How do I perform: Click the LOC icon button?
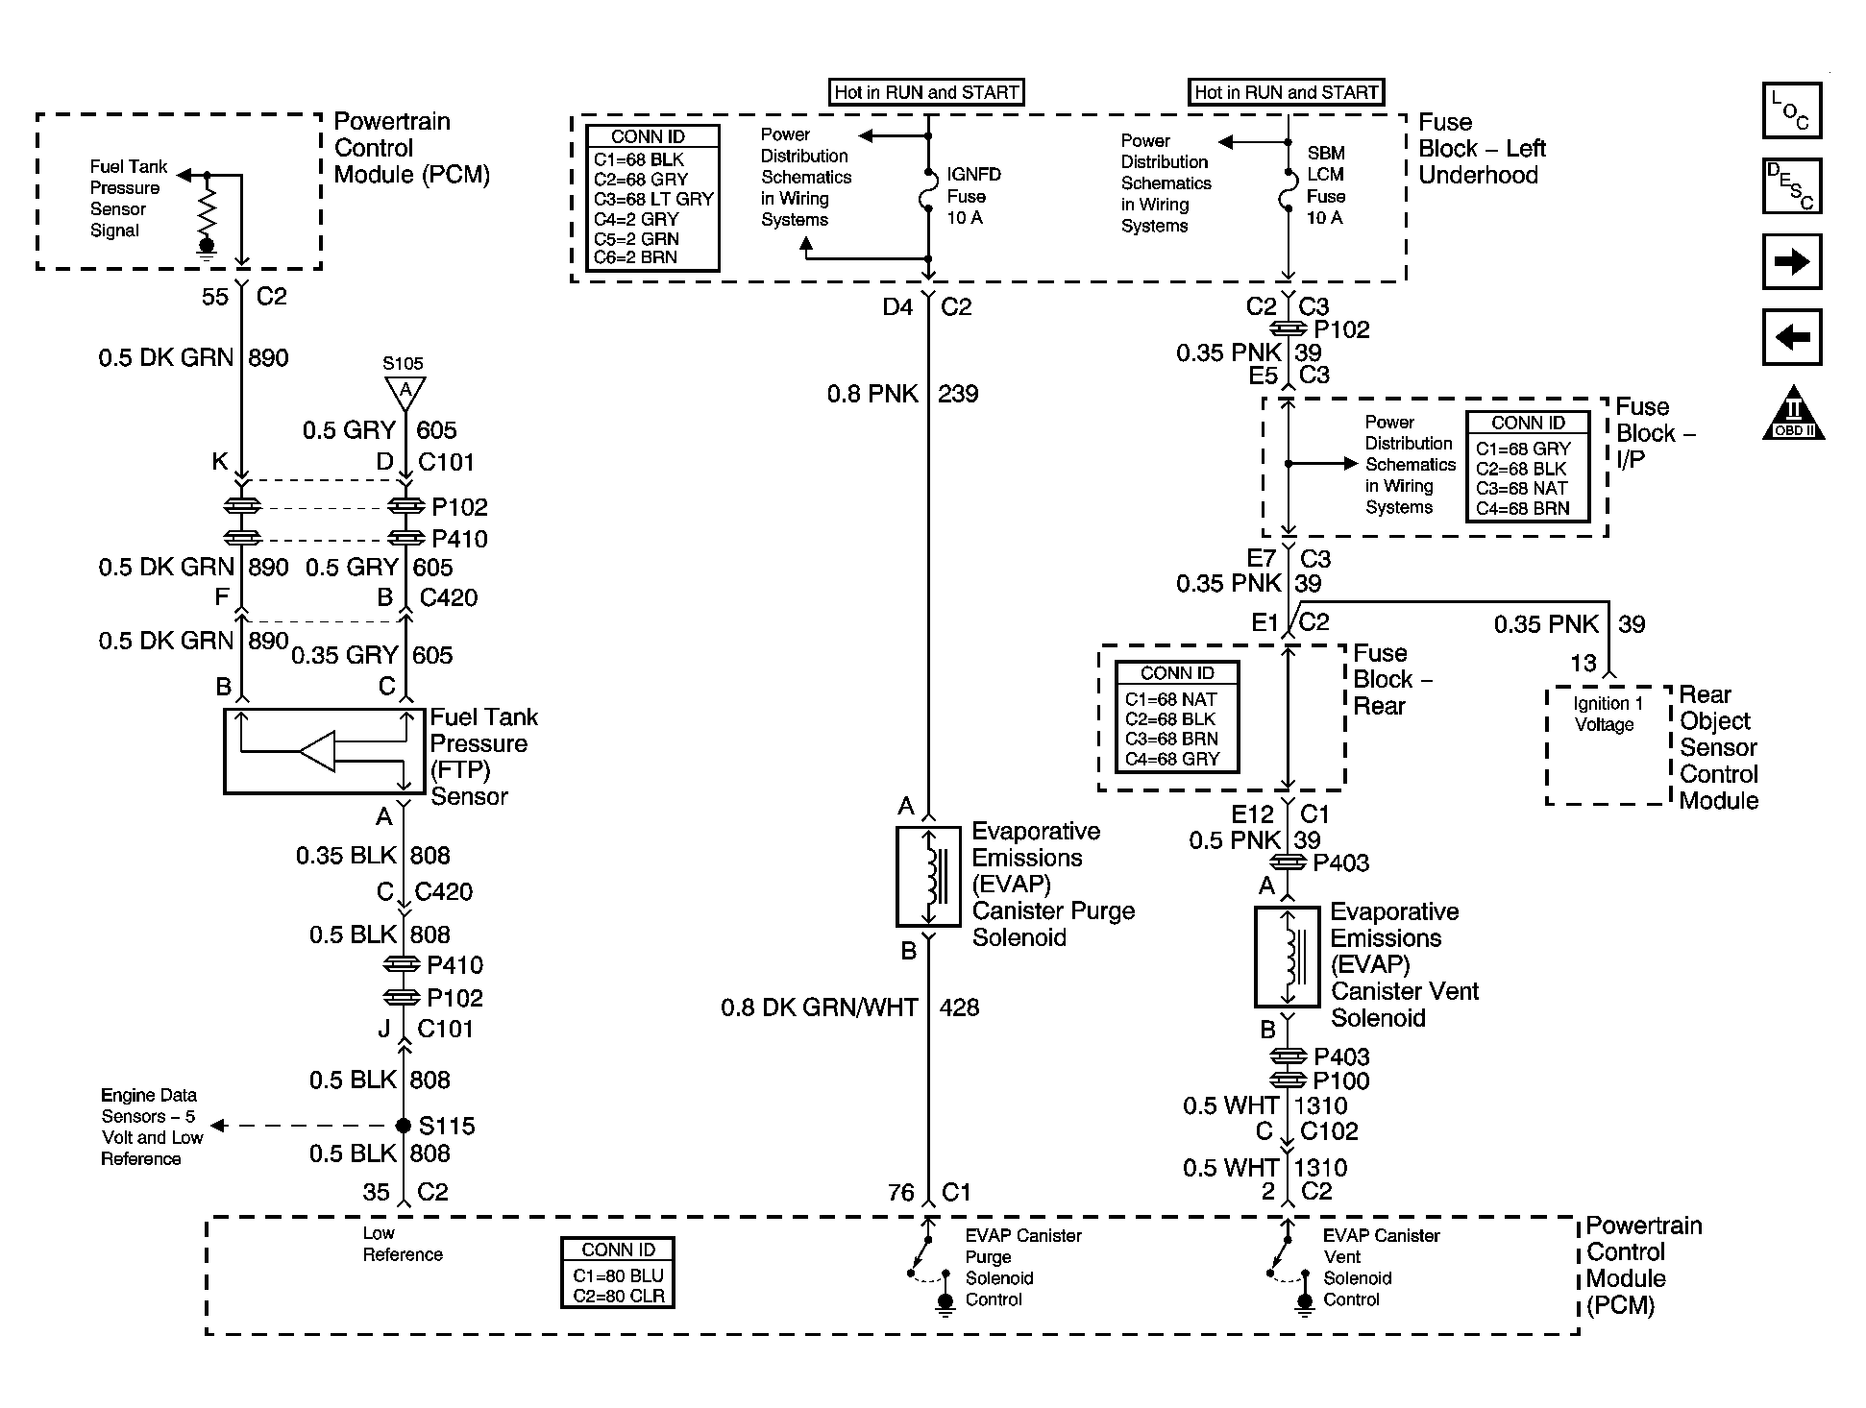1792,110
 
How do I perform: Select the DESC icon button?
1792,185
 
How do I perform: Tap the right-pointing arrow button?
1792,261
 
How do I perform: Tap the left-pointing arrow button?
1792,337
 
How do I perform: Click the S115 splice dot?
404,1126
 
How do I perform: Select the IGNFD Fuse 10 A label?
973,196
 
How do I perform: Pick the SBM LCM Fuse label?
1326,185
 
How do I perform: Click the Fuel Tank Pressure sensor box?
324,751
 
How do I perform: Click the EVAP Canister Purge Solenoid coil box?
928,876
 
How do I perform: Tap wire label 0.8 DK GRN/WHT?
819,1007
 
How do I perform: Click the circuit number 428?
958,1007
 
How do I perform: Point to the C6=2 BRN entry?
635,257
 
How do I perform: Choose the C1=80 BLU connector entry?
618,1275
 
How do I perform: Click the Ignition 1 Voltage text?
1608,715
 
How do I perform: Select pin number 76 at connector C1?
900,1192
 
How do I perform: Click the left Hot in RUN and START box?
926,92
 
